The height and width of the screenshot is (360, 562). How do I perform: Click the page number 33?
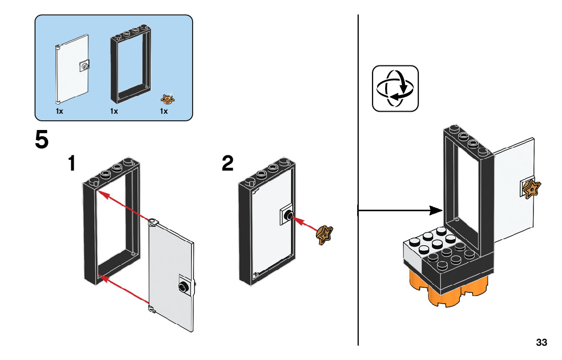[541, 343]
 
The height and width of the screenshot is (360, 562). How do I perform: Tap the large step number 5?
[42, 140]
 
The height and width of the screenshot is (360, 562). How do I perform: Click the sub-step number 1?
[73, 164]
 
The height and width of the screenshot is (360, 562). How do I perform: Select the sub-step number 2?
[228, 164]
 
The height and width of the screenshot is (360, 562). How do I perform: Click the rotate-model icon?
[395, 88]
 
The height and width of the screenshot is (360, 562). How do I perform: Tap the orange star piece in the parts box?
[167, 98]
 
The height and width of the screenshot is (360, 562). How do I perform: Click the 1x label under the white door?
[59, 111]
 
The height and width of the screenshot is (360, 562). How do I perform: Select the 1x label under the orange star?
[164, 111]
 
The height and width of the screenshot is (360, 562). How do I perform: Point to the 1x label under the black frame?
[114, 111]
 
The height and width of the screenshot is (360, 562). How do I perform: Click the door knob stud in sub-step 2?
[288, 216]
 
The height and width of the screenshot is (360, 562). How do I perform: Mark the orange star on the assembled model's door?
[533, 189]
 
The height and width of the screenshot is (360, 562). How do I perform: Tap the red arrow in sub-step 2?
[306, 224]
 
